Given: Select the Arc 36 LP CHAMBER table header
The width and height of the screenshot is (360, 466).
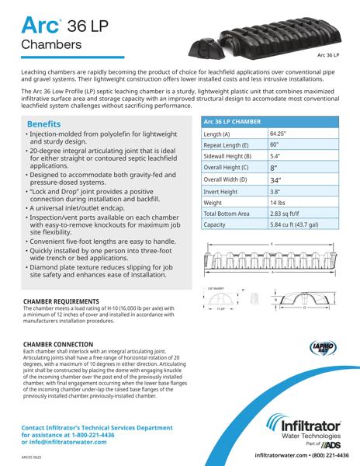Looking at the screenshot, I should pyautogui.click(x=233, y=123).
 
